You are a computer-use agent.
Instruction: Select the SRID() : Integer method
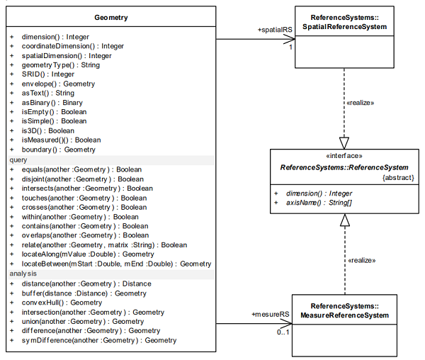point(48,74)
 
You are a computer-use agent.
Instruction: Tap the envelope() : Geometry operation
point(58,84)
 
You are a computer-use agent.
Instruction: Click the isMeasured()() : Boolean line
point(61,140)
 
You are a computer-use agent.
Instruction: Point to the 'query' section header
point(18,160)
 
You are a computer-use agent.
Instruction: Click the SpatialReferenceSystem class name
point(344,27)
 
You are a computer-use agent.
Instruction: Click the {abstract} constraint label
point(398,178)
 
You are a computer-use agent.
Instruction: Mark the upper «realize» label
point(361,103)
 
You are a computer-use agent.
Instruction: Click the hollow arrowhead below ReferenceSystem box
point(344,220)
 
